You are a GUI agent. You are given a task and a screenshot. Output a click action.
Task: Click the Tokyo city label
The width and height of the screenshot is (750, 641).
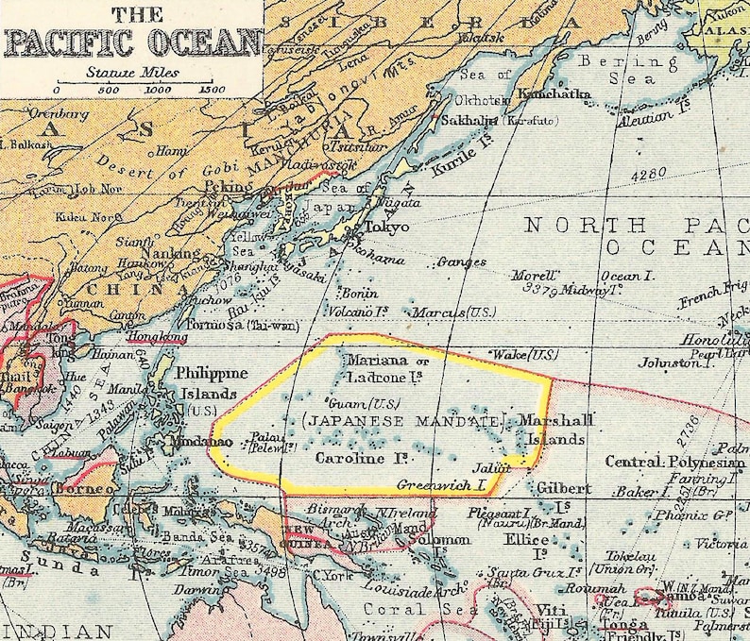(x=386, y=228)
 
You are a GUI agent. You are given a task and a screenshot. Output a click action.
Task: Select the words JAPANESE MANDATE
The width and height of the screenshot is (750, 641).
(x=402, y=420)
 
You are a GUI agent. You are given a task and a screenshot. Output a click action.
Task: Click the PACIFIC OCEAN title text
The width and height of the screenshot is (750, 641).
(x=132, y=42)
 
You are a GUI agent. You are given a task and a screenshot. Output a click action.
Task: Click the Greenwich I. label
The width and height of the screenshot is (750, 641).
(x=440, y=485)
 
